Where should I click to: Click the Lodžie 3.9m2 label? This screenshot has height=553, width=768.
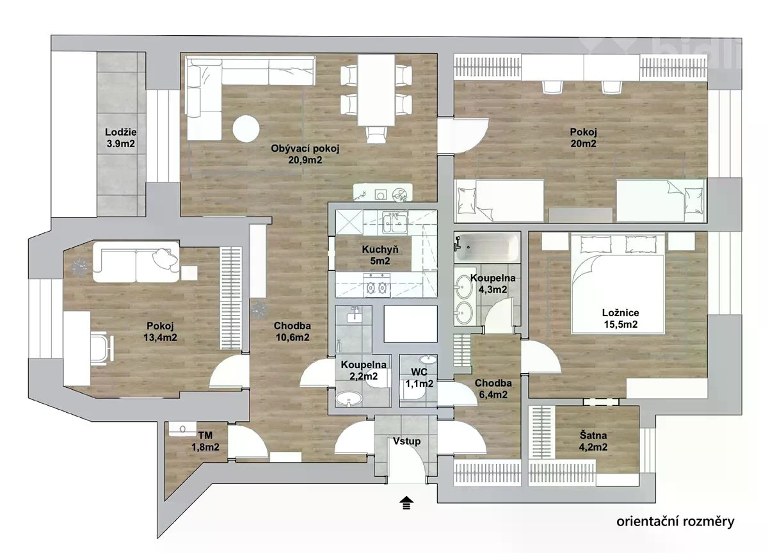120,138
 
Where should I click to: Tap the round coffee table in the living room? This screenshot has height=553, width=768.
246,129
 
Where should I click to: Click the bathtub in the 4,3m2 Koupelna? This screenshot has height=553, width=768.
487,247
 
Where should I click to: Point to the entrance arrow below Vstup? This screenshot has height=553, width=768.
406,503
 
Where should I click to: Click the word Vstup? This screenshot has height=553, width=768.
406,441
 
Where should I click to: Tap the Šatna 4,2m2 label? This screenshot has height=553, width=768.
593,441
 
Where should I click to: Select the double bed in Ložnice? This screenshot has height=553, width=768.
618,283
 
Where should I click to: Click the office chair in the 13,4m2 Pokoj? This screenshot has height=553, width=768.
102,348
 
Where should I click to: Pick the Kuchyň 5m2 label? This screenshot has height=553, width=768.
380,255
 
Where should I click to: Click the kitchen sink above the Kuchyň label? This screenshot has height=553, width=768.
394,223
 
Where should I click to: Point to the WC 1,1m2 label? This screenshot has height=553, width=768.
419,378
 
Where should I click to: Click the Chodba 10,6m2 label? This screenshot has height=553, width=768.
292,332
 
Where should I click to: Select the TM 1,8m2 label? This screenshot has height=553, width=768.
205,441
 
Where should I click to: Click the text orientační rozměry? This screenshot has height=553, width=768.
675,522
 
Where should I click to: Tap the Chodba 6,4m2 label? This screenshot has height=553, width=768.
493,389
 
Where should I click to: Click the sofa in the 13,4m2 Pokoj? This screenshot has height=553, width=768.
136,262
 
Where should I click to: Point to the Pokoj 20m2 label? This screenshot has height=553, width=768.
583,138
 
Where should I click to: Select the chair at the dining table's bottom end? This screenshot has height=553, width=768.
376,134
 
